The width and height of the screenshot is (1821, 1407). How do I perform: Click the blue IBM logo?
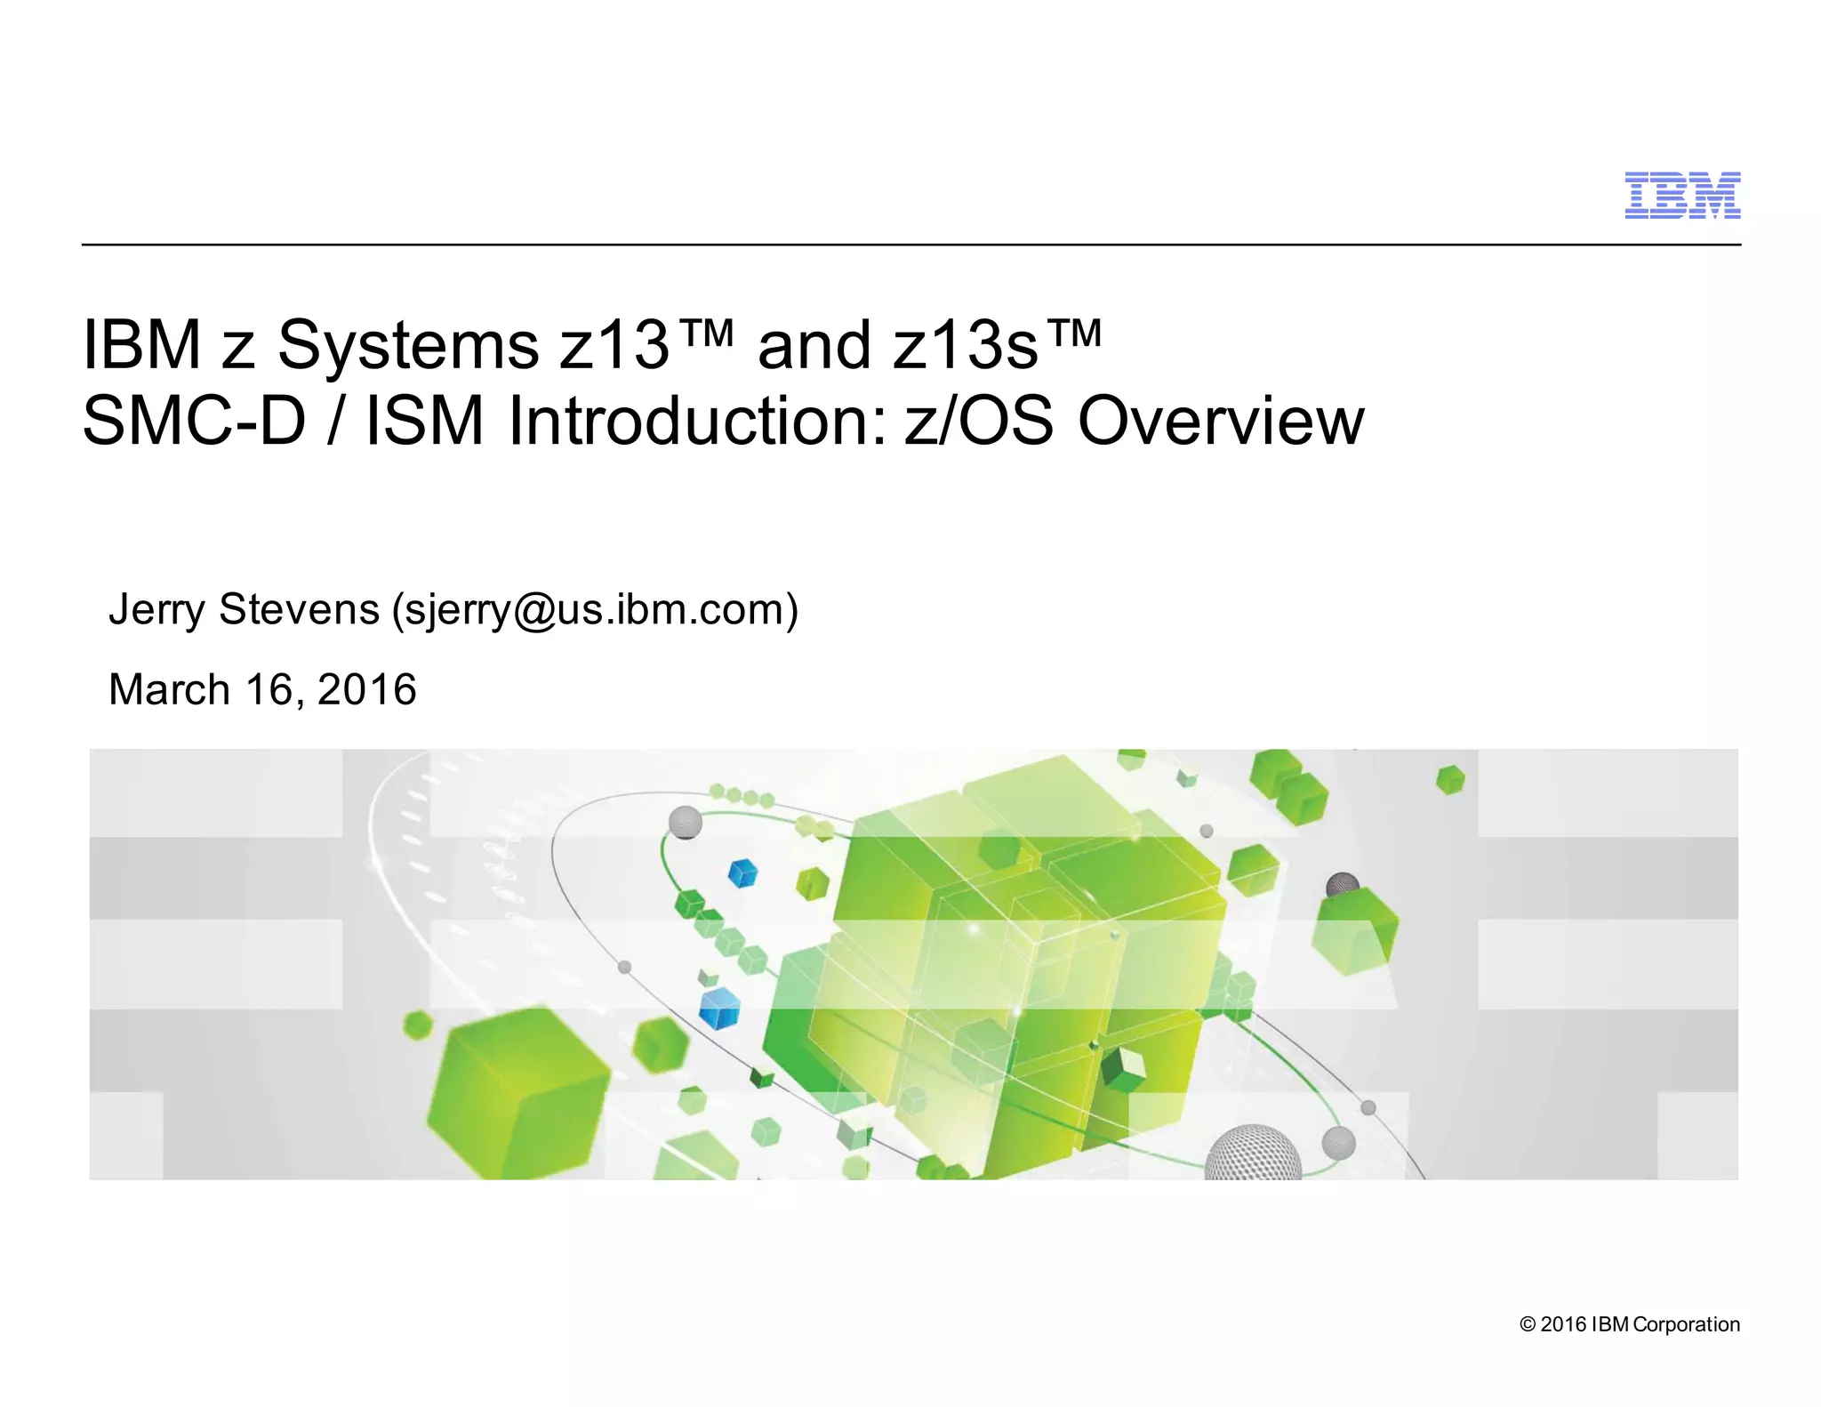[x=1682, y=196]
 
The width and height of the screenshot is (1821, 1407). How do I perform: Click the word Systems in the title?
[x=408, y=345]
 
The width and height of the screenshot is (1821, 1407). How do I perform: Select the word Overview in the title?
[x=1221, y=421]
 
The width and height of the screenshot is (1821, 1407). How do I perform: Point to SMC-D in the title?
[x=194, y=421]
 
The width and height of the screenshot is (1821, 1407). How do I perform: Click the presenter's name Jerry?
[x=156, y=610]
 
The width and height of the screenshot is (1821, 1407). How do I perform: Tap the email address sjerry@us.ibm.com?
[x=595, y=610]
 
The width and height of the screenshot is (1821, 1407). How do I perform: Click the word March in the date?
[x=169, y=689]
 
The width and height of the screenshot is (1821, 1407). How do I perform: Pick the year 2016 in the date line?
[x=366, y=689]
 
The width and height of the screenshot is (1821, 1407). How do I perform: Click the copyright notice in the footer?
[x=1629, y=1324]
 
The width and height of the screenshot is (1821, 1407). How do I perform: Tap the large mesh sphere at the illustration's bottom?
[x=1253, y=1154]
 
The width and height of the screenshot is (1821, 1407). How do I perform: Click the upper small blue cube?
[x=742, y=873]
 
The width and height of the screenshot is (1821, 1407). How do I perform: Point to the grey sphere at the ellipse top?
[x=685, y=822]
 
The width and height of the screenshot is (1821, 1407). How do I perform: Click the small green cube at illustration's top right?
[x=1450, y=779]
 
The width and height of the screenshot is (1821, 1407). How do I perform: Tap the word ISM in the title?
[x=424, y=421]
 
